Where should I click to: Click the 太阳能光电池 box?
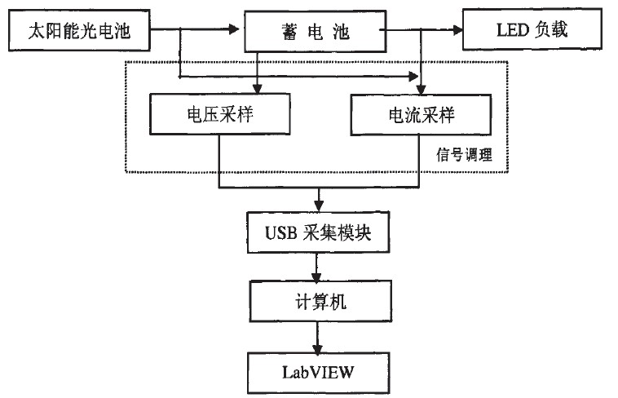(80, 32)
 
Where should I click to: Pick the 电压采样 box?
(220, 114)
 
